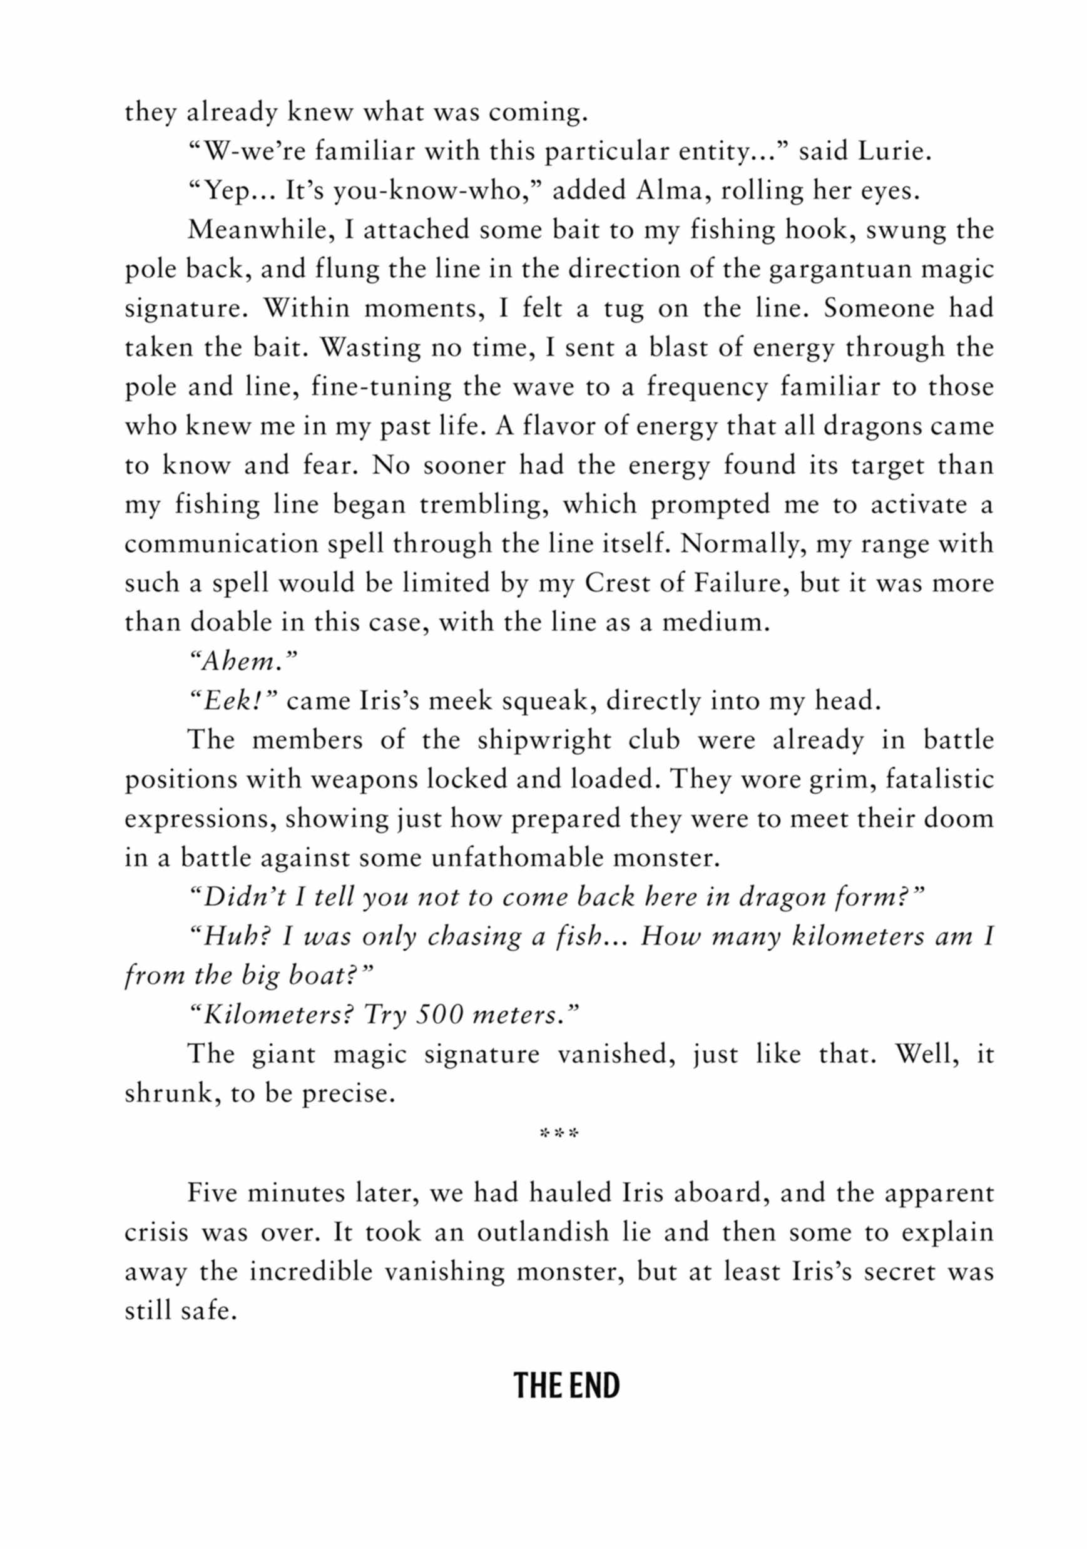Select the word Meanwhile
261,230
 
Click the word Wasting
359,348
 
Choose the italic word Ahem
241,662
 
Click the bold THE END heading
566,1386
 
